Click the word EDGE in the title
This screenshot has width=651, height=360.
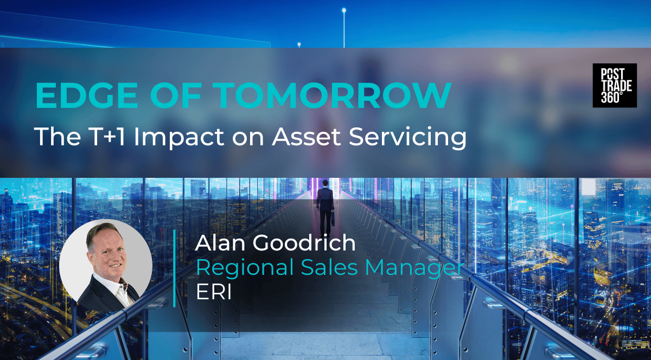click(86, 95)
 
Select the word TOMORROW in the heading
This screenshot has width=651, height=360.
click(334, 95)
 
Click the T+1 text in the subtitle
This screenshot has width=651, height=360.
click(107, 136)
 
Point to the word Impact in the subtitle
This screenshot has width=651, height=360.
click(178, 138)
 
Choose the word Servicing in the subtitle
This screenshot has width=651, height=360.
click(407, 138)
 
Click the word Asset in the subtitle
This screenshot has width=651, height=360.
click(307, 136)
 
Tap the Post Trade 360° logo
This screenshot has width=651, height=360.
click(615, 86)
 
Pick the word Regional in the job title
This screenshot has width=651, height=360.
click(245, 268)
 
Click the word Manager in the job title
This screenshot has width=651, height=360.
click(414, 268)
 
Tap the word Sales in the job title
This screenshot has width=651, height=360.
click(329, 267)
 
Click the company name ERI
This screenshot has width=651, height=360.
click(214, 292)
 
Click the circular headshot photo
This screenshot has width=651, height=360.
click(106, 266)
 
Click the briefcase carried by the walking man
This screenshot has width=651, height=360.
click(333, 218)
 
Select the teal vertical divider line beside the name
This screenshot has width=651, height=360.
click(174, 268)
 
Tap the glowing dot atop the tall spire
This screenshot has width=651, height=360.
click(344, 10)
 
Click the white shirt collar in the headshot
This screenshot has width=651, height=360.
click(113, 286)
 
